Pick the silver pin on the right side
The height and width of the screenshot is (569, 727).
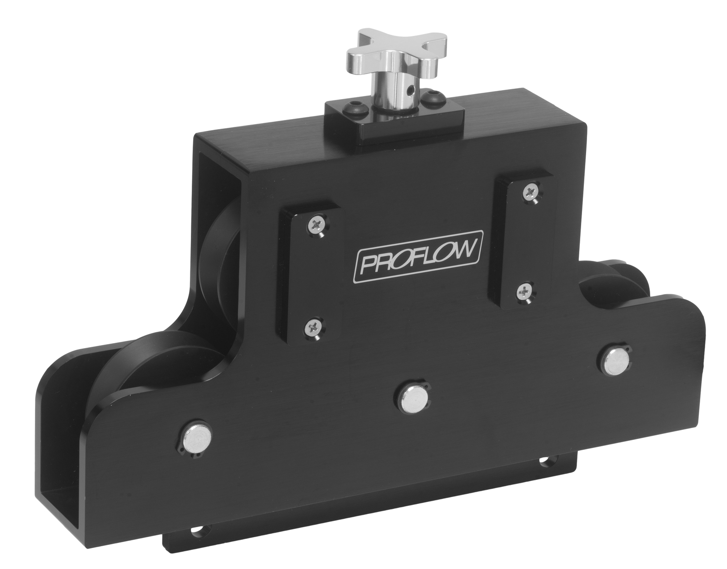click(x=614, y=363)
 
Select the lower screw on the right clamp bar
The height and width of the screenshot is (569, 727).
click(x=525, y=292)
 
